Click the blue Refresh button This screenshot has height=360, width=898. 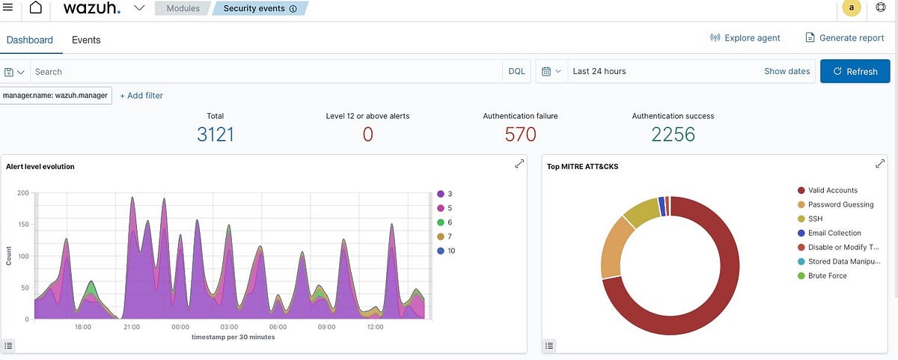pyautogui.click(x=855, y=71)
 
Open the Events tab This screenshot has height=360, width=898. pyautogui.click(x=86, y=40)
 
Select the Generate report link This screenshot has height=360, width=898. pyautogui.click(x=844, y=37)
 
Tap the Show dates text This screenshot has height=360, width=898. pyautogui.click(x=786, y=71)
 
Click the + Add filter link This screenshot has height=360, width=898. pyautogui.click(x=141, y=95)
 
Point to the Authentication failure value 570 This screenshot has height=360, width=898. pyautogui.click(x=520, y=135)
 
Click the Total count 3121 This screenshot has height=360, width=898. pyautogui.click(x=216, y=135)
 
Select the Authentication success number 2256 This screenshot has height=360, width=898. pyautogui.click(x=673, y=135)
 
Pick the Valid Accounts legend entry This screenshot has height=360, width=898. pyautogui.click(x=832, y=190)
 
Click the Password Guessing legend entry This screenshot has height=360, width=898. pyautogui.click(x=840, y=204)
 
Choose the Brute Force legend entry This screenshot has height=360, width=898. pyautogui.click(x=827, y=275)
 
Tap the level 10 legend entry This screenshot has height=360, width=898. pyautogui.click(x=450, y=251)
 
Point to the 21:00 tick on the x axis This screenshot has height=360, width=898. pyautogui.click(x=132, y=327)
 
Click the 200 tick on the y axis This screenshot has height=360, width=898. pyautogui.click(x=22, y=193)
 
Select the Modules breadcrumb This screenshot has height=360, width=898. pyautogui.click(x=183, y=9)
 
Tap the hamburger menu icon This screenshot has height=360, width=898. pyautogui.click(x=7, y=7)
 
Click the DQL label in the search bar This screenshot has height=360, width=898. pyautogui.click(x=516, y=71)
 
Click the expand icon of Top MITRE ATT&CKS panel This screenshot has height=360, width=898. pyautogui.click(x=880, y=164)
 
